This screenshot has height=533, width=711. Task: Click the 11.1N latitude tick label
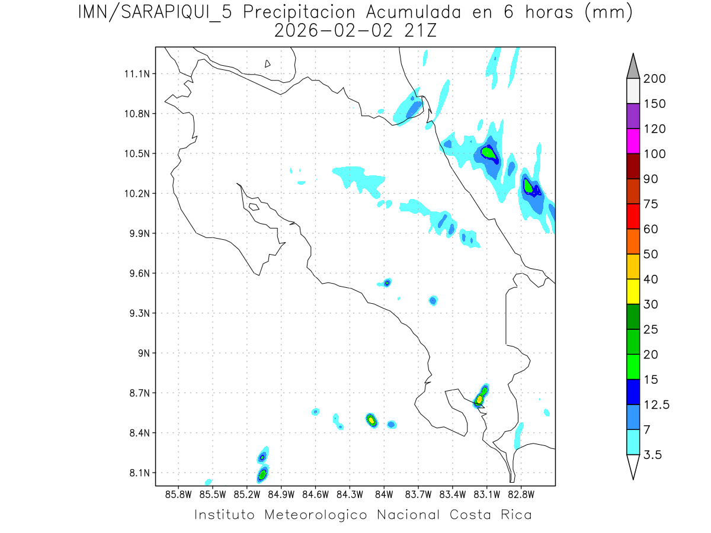click(x=135, y=74)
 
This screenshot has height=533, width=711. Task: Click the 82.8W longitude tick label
click(x=521, y=494)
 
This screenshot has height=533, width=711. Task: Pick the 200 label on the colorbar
click(x=655, y=79)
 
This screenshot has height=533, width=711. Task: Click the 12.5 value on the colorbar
click(x=656, y=404)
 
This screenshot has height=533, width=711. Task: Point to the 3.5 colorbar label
click(x=654, y=455)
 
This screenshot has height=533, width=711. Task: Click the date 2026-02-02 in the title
click(x=334, y=31)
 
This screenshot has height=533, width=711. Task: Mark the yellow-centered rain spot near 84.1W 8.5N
click(x=371, y=420)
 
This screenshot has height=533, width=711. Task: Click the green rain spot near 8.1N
click(x=262, y=474)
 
